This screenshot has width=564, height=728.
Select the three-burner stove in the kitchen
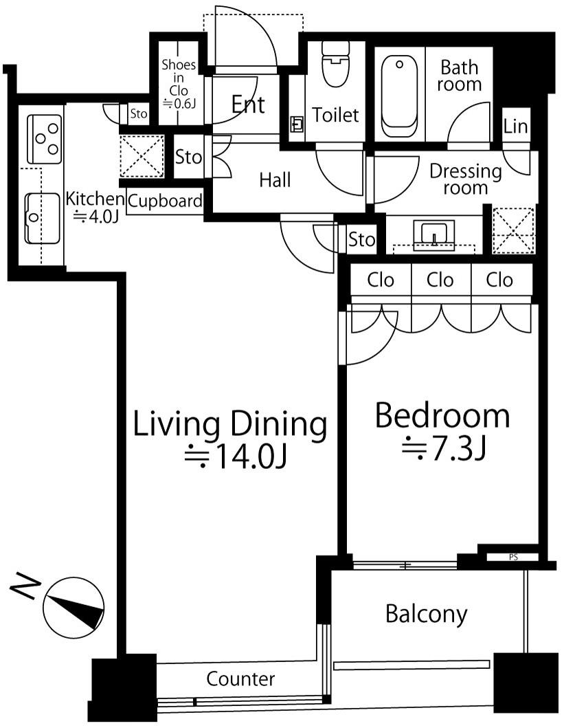(45, 139)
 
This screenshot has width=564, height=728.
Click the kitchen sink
(42, 218)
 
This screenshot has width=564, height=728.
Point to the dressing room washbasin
(434, 235)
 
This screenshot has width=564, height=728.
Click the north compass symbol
(74, 608)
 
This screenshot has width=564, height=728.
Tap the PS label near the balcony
(513, 557)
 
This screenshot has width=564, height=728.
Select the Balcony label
(426, 615)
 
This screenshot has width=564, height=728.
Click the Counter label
(240, 679)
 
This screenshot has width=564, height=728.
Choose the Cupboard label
(165, 201)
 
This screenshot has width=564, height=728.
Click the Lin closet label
(515, 126)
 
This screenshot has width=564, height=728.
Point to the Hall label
(275, 179)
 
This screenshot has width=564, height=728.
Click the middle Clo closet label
(440, 280)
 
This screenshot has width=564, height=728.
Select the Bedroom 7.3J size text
(443, 448)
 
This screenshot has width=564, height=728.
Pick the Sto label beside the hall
(188, 157)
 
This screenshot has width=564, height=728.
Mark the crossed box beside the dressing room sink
(513, 231)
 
